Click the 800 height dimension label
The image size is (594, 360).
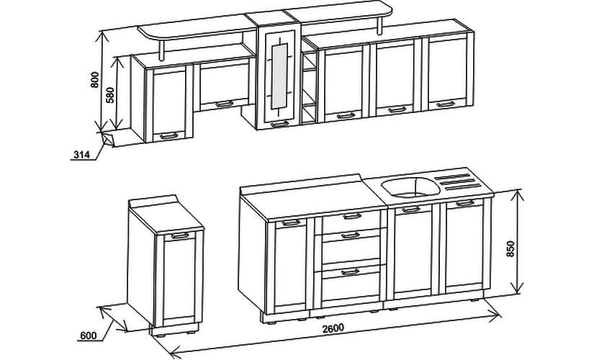coord(95,80)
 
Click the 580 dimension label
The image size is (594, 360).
coord(110,95)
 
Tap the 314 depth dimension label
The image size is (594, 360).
coord(81,155)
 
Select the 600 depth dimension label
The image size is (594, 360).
coord(89,336)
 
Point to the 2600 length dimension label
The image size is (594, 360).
coord(333,328)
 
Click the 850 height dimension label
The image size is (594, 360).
coord(511,249)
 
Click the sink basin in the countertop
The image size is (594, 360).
coord(410,186)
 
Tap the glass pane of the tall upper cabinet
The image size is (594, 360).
coord(280,76)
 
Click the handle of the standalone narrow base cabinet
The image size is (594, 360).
coord(180,235)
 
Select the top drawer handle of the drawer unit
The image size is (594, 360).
coord(352,217)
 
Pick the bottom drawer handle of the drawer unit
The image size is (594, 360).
coord(351,272)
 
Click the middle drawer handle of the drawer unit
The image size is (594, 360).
coord(351,235)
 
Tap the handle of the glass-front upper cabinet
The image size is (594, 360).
coord(280,124)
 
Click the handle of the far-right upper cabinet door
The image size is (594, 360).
coord(446,104)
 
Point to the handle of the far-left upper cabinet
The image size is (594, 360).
coord(168,135)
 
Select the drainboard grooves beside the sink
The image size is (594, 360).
coord(458,181)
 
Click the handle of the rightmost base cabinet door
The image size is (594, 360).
coord(465,204)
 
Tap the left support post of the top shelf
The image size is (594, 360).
coord(162,49)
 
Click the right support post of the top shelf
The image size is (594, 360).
coord(379,26)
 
